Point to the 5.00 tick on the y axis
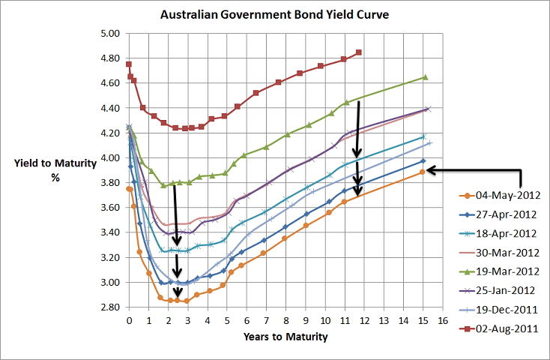tap(109, 34)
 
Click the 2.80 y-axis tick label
tap(109, 307)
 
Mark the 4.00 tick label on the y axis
tap(109, 158)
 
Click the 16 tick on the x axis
tap(444, 320)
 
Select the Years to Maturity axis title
tap(285, 337)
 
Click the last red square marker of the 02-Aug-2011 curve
tap(359, 52)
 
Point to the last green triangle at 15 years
tap(425, 77)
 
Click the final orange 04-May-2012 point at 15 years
tap(423, 172)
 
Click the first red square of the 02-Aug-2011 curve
tap(129, 64)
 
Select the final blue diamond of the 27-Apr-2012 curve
tap(423, 160)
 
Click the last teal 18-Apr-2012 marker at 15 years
tap(423, 136)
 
